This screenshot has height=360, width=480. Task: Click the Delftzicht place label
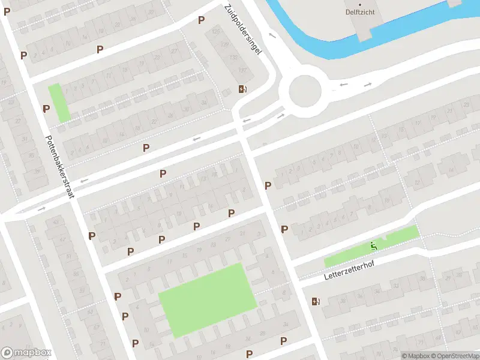[x=361, y=12]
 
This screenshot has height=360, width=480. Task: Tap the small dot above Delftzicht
[x=361, y=4]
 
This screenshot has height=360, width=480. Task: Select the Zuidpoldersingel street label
[x=244, y=30]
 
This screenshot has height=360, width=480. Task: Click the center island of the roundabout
[x=305, y=92]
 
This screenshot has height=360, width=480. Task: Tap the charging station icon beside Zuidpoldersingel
[x=242, y=90]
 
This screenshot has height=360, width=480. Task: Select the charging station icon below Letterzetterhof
[x=316, y=301]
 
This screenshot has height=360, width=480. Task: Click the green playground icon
[x=374, y=245]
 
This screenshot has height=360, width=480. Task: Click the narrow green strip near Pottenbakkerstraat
[x=59, y=103]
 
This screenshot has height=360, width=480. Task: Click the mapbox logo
[x=26, y=353]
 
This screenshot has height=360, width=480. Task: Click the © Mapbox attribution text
[x=415, y=356]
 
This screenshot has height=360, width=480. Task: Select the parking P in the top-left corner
[x=7, y=11]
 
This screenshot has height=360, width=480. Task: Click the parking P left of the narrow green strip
[x=46, y=109]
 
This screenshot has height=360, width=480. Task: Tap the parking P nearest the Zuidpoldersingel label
[x=201, y=20]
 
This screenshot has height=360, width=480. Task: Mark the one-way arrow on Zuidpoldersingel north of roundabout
[x=272, y=36]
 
